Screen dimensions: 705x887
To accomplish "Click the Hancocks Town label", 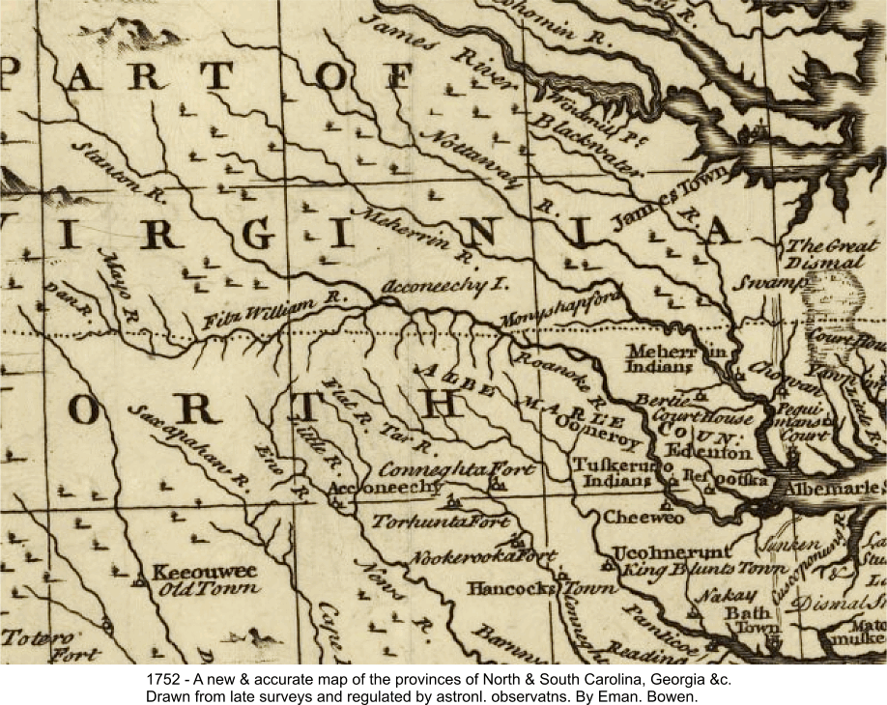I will [541, 588].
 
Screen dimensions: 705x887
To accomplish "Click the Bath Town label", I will [745, 620].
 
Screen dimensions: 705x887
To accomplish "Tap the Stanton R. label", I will [103, 168].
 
